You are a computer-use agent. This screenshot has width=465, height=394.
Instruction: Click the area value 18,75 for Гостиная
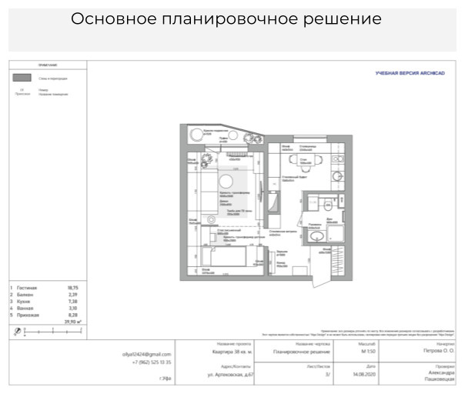tap(74, 287)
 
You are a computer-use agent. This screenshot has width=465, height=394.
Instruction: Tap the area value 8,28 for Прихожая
tap(74, 316)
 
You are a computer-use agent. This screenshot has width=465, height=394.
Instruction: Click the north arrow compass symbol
tap(18, 332)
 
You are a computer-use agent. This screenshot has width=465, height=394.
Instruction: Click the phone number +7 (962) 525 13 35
tap(151, 362)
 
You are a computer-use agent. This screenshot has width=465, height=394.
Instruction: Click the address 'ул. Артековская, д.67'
tap(232, 375)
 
